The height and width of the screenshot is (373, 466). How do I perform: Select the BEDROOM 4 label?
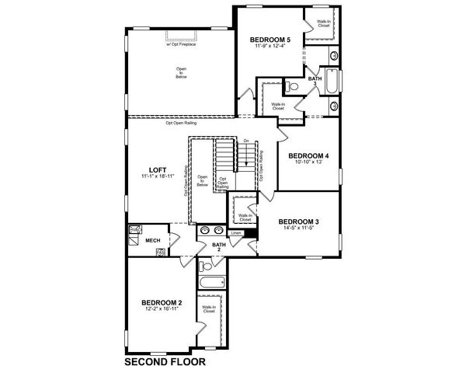tap(309, 156)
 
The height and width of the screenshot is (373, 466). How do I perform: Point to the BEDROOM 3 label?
tap(298, 221)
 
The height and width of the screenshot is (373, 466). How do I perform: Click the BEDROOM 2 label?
tap(162, 302)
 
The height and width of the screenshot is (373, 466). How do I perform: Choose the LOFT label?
tap(157, 170)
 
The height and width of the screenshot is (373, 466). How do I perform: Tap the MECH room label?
tap(153, 241)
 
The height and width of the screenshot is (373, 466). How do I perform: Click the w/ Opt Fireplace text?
tap(179, 44)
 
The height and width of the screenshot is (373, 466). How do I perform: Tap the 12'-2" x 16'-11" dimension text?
tap(162, 309)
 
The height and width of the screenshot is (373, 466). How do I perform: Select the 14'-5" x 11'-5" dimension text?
tap(298, 228)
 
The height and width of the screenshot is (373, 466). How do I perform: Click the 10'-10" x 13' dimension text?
tap(309, 163)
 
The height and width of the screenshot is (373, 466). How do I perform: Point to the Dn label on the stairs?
tap(245, 141)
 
